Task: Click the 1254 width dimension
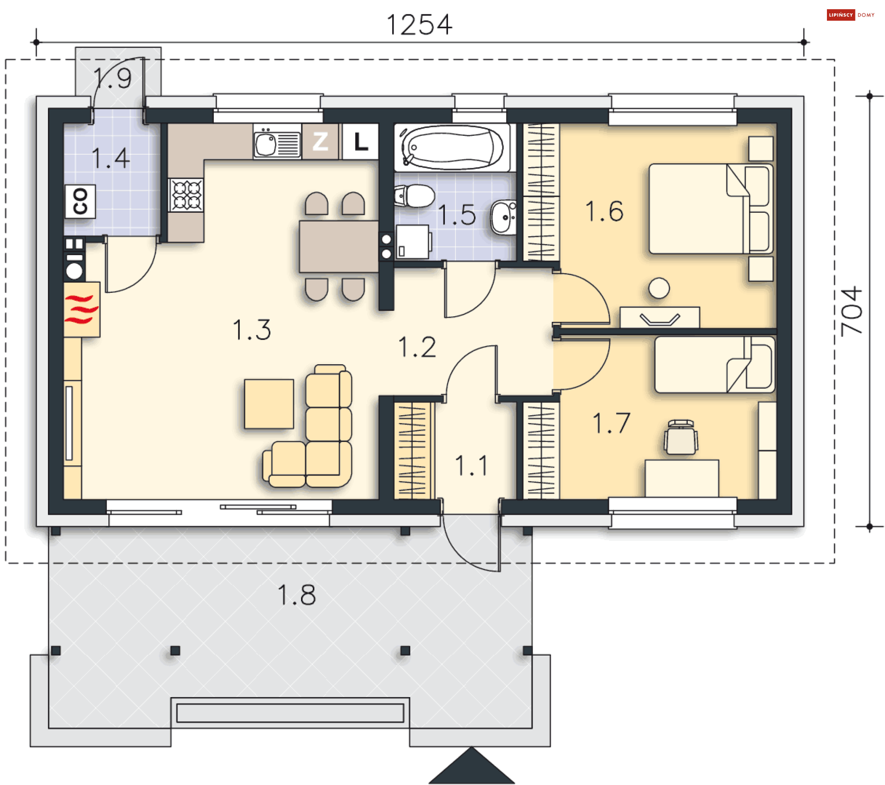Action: click(x=419, y=25)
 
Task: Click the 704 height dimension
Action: click(x=851, y=311)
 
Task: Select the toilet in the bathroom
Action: click(x=414, y=196)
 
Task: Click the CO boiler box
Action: click(x=80, y=201)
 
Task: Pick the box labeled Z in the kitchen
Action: click(x=320, y=141)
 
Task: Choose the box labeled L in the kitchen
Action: click(x=360, y=141)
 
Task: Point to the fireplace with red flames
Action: click(x=82, y=309)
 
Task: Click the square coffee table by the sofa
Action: click(x=269, y=404)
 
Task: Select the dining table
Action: click(x=339, y=247)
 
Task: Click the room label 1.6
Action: click(x=604, y=211)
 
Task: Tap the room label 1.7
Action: click(x=611, y=423)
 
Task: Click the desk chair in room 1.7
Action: click(x=681, y=437)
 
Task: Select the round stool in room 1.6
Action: click(x=659, y=288)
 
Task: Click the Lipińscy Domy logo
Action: click(x=851, y=15)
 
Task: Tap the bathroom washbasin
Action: click(x=503, y=217)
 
